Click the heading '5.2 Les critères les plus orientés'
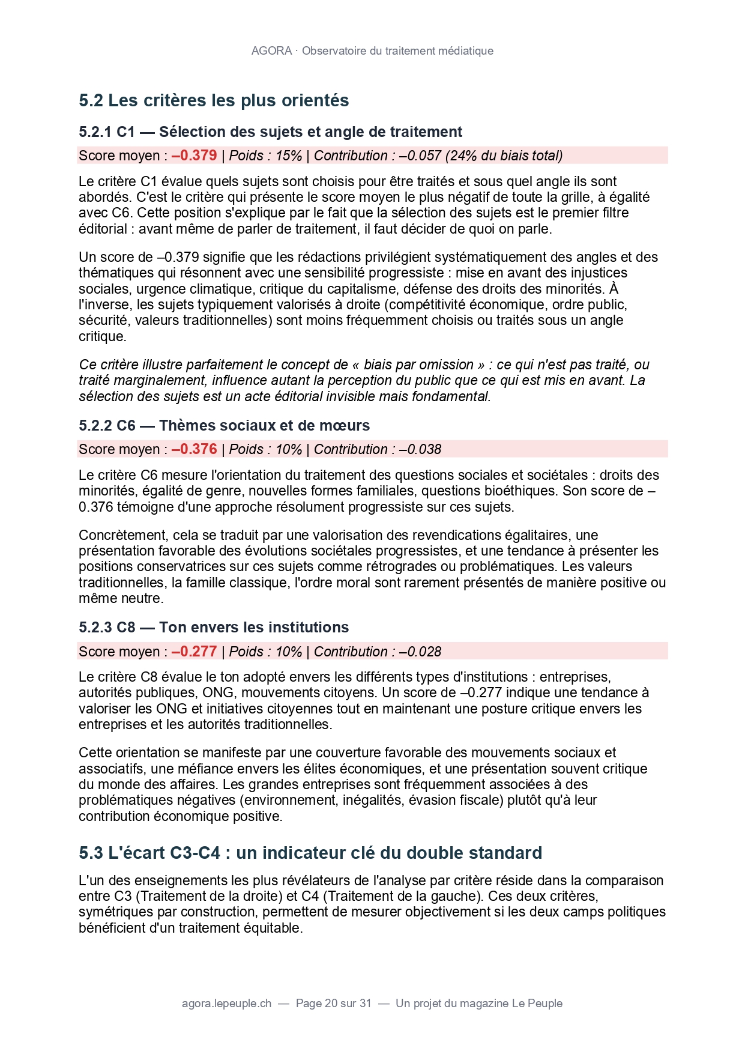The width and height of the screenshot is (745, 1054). pos(214,100)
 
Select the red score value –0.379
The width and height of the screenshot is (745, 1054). pos(194,156)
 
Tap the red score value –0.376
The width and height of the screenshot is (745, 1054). pos(194,449)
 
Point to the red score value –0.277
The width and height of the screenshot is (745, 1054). pos(194,652)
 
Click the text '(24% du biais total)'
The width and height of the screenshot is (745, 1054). pos(503,156)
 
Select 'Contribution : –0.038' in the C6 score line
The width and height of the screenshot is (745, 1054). pos(377,449)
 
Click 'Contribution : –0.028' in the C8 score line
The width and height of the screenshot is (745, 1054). pos(377,652)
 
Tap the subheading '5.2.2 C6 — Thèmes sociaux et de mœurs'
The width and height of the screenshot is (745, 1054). pos(224,426)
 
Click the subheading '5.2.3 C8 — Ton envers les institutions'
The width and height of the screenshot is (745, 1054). pos(214,628)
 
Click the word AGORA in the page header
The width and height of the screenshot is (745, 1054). pos(271,51)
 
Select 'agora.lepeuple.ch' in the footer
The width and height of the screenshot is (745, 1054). pos(226,1004)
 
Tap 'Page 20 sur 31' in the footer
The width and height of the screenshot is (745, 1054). pos(334,1004)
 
